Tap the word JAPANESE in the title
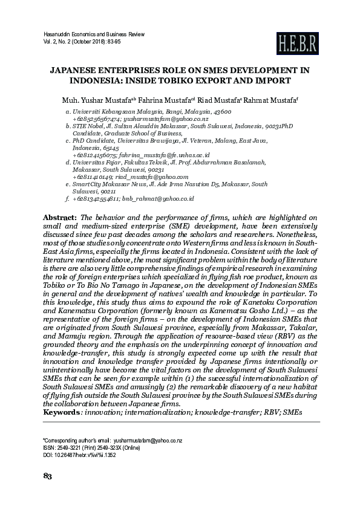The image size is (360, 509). [77, 70]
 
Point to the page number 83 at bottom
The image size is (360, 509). [48, 493]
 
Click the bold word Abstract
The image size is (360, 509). [60, 216]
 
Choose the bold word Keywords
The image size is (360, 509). [61, 412]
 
